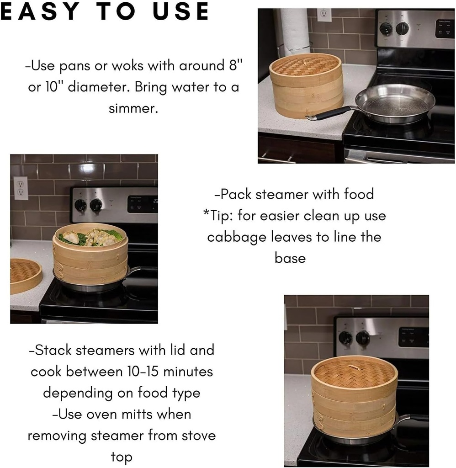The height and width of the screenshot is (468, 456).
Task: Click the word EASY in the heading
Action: click(38, 12)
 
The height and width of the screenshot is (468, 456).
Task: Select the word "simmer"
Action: click(133, 108)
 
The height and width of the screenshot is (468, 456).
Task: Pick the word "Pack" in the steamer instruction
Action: click(235, 194)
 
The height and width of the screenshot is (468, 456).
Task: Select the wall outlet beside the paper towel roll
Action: click(323, 15)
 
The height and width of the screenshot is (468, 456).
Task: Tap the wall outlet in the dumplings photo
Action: click(21, 188)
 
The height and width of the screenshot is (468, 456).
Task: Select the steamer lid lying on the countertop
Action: click(24, 274)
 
